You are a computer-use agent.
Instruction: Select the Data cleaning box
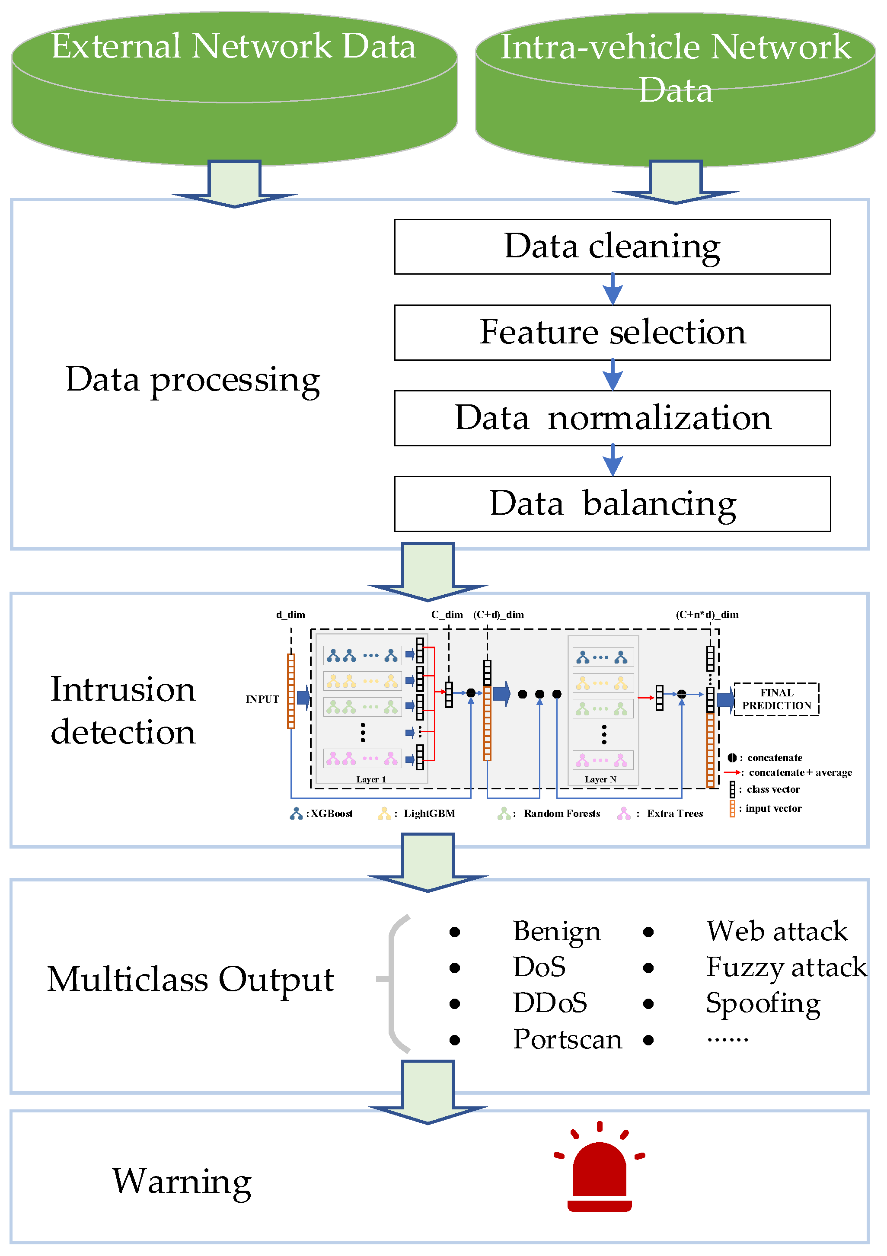(612, 247)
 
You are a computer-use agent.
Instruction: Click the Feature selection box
(612, 332)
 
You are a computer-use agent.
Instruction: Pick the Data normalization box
(612, 418)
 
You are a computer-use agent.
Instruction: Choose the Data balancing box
(612, 503)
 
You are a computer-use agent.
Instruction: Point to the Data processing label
(192, 379)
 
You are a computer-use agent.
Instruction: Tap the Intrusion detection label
(123, 710)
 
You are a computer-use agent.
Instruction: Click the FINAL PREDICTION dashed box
(776, 699)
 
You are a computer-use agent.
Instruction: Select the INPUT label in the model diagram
(262, 699)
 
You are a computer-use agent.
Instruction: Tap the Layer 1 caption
(371, 779)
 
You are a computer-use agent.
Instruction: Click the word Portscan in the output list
(567, 1039)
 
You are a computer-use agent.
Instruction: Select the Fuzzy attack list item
(786, 967)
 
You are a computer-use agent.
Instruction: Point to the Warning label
(182, 1182)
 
